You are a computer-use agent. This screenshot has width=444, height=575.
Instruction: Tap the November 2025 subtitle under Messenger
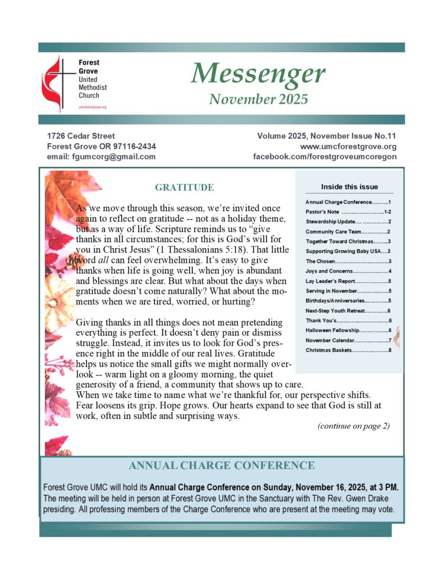coord(259,99)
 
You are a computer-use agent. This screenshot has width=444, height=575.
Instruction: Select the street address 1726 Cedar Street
coord(81,136)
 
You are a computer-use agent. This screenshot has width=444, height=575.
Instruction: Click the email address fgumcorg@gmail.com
coord(101,157)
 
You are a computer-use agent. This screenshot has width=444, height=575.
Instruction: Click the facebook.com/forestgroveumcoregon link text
coord(325,157)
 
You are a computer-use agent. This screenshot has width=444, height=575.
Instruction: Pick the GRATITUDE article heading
coord(184,188)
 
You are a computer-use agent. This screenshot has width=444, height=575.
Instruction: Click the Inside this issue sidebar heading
coord(349,187)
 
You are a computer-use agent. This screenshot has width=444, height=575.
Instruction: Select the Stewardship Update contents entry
coord(348,222)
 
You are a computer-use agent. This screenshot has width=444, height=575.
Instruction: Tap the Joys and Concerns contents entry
coord(348,271)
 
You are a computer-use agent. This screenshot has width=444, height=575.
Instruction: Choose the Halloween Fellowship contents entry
coord(348,331)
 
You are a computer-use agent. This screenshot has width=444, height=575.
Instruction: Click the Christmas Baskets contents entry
coord(348,350)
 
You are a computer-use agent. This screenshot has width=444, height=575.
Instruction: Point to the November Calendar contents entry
coord(348,340)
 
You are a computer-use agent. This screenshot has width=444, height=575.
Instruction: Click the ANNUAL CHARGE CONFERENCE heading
coord(222,466)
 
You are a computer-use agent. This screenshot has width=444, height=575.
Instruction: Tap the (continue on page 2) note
coord(353,426)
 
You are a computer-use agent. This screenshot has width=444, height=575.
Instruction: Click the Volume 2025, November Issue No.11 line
coord(327,136)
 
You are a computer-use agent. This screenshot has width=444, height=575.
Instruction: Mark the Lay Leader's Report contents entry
coord(348,281)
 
